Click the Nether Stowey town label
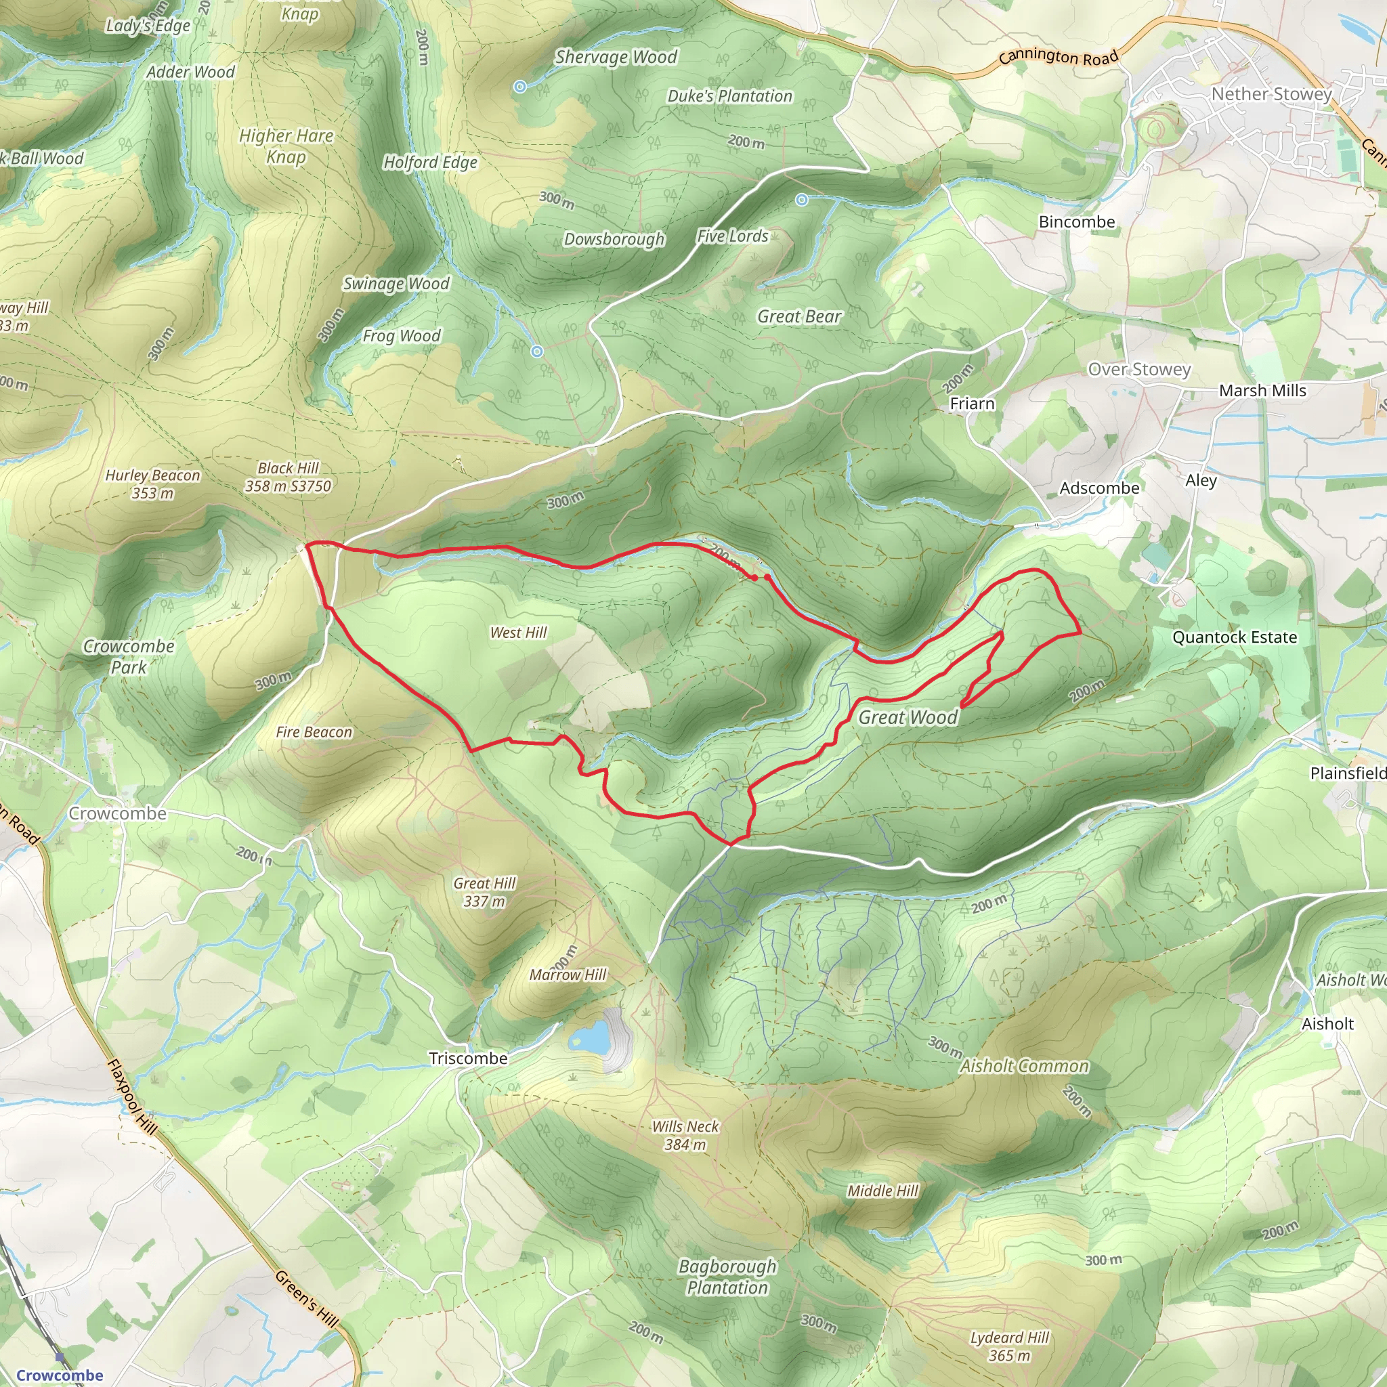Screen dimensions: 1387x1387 [1271, 94]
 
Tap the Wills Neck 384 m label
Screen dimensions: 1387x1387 [685, 1135]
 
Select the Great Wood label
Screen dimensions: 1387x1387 [908, 717]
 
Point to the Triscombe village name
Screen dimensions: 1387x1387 [468, 1059]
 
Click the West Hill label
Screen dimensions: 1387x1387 [518, 633]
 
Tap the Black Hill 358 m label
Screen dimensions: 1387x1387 [288, 477]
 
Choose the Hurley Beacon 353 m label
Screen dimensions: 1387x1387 [152, 484]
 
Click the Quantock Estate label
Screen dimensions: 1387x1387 [1234, 637]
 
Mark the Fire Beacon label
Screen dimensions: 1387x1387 [314, 732]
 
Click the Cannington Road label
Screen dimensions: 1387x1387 [1059, 58]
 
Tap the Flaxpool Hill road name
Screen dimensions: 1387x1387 [131, 1097]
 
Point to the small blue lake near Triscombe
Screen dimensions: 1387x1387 [589, 1037]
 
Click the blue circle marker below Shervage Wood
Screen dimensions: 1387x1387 [521, 87]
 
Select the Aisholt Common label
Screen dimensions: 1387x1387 [1025, 1066]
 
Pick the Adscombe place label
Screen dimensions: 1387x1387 [1099, 488]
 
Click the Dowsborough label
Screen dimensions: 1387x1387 [614, 239]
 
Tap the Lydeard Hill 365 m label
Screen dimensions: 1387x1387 [1009, 1346]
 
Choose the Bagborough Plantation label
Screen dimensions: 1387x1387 [727, 1277]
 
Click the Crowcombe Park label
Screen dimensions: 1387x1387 [129, 656]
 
